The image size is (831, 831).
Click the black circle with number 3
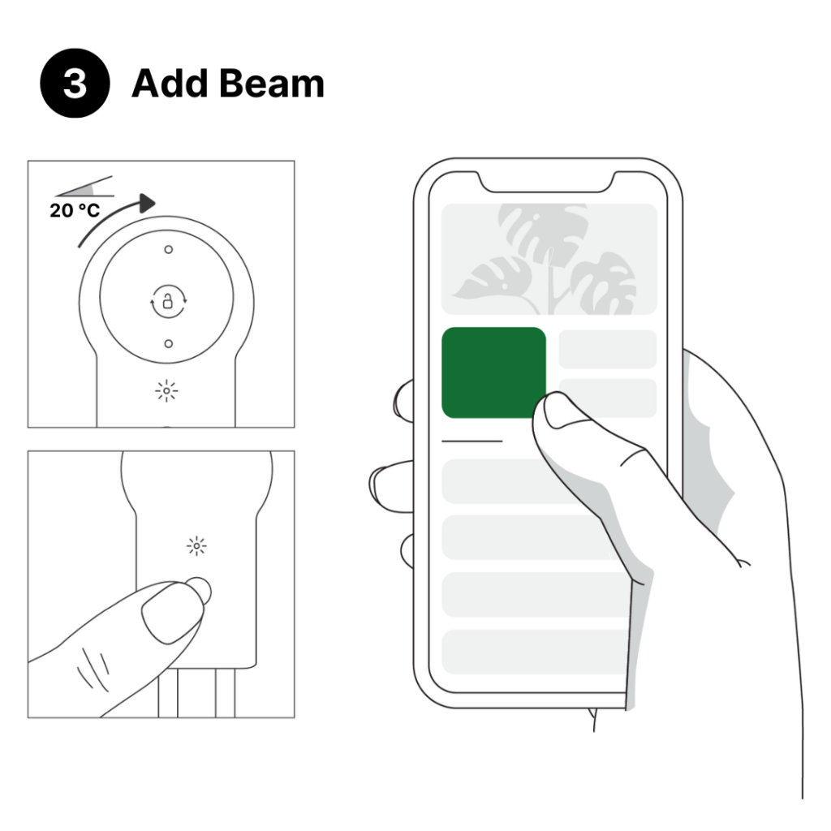pyautogui.click(x=74, y=84)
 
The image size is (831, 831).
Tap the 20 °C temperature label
pyautogui.click(x=75, y=211)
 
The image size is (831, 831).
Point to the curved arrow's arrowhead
pyautogui.click(x=146, y=203)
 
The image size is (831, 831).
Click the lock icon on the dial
pyautogui.click(x=168, y=303)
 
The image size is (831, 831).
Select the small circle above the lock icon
pyautogui.click(x=168, y=249)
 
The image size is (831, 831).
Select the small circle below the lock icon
pyautogui.click(x=168, y=343)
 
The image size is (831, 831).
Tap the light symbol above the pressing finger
pyautogui.click(x=196, y=546)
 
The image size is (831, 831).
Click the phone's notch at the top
pyautogui.click(x=548, y=182)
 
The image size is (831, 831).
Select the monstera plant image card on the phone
pyautogui.click(x=548, y=258)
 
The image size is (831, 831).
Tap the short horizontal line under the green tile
pyautogui.click(x=471, y=441)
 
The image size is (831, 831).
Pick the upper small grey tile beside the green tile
pyautogui.click(x=607, y=349)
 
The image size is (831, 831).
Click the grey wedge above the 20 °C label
pyautogui.click(x=89, y=187)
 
